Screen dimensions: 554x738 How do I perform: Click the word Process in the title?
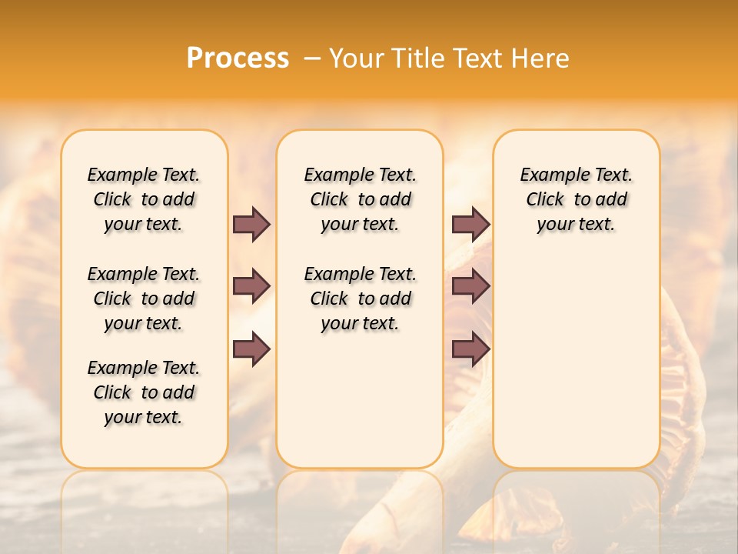pos(238,58)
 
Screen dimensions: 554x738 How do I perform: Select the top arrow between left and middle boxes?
pos(251,224)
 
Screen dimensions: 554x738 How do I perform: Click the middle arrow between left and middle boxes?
pos(251,286)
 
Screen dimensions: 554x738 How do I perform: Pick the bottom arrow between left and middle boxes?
pos(251,349)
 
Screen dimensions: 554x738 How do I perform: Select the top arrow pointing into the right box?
pos(470,224)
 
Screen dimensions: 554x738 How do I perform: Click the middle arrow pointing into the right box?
pos(470,286)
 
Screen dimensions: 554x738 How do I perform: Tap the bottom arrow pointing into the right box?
pos(470,349)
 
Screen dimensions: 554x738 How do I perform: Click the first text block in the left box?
pos(144,199)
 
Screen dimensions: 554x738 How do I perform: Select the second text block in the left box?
pos(144,299)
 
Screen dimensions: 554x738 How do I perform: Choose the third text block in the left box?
pos(144,392)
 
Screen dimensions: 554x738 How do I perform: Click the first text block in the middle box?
pos(360,199)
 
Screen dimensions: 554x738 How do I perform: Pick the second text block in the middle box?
pos(360,299)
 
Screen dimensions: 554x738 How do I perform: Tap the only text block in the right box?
pos(576,199)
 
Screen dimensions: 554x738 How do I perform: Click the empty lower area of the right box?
pos(576,369)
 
